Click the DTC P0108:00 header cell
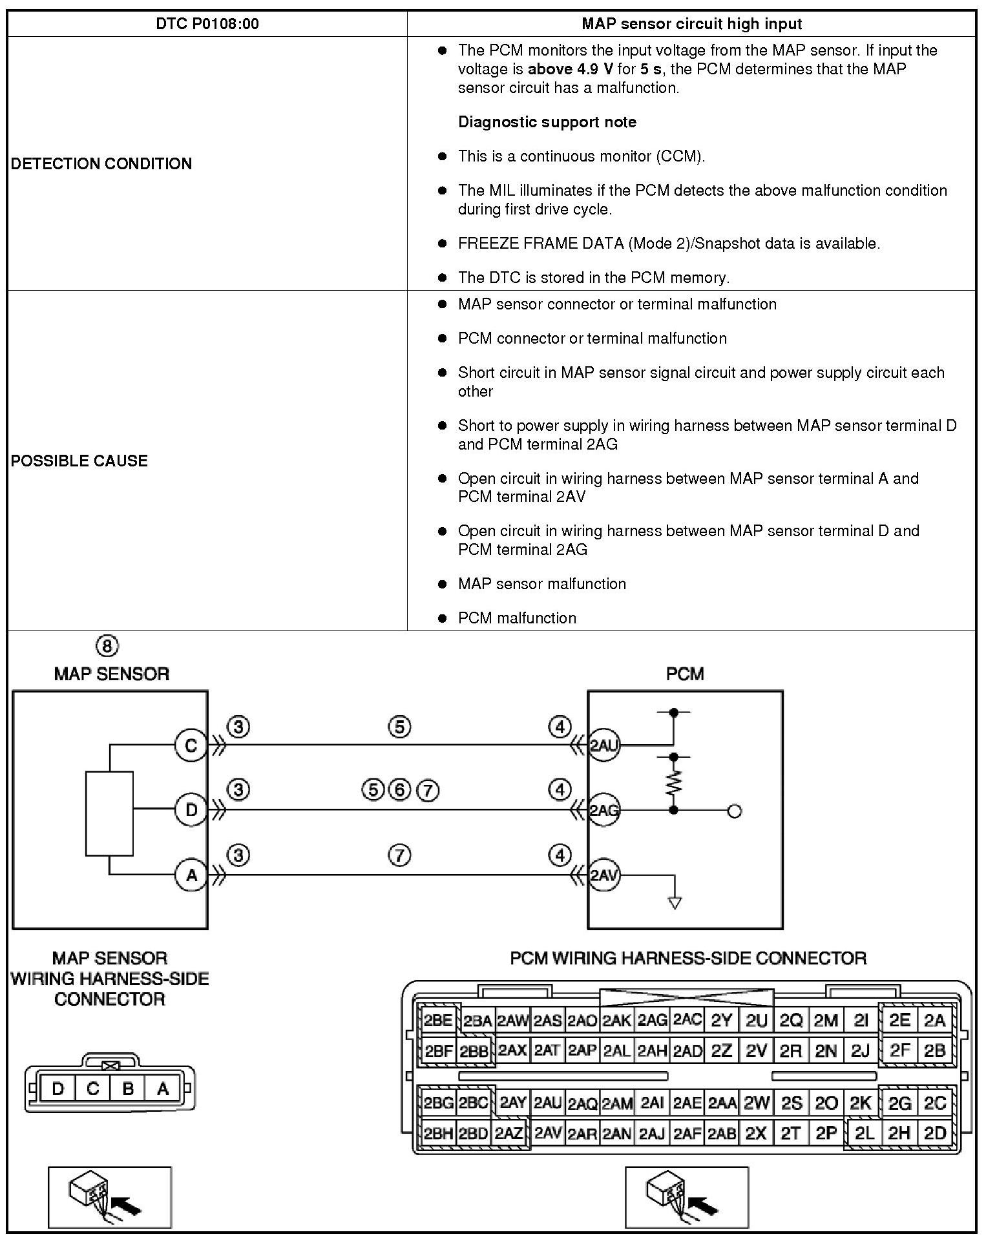(207, 24)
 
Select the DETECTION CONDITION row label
(101, 163)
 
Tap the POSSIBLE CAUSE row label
(79, 461)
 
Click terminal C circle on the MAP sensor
(191, 746)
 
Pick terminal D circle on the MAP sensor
(191, 809)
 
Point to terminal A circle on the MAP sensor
(191, 875)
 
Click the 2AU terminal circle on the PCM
(603, 746)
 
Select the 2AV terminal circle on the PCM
(603, 875)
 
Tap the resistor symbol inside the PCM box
(673, 782)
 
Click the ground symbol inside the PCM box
(675, 902)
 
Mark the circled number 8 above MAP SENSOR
(107, 646)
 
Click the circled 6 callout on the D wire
(400, 789)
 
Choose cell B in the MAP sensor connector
(127, 1089)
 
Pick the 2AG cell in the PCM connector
(652, 1021)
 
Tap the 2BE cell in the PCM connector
(438, 1021)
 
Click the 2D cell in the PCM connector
(935, 1133)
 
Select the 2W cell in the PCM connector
(757, 1103)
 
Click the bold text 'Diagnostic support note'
(547, 122)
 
